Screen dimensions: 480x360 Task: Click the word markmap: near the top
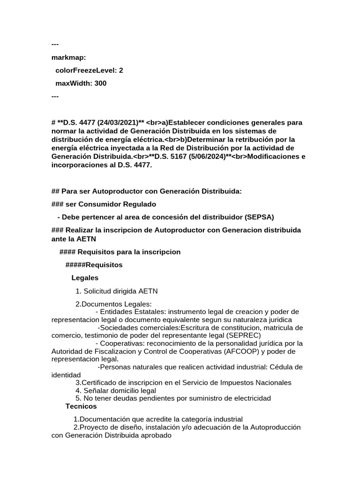pyautogui.click(x=68, y=57)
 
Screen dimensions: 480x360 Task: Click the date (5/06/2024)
pyautogui.click(x=203, y=157)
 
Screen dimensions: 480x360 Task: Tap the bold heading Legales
pyautogui.click(x=85, y=278)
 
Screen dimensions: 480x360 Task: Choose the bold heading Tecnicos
pyautogui.click(x=81, y=406)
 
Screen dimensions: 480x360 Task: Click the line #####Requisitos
pyautogui.click(x=94, y=265)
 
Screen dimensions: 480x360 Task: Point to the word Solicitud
pyautogui.click(x=99, y=291)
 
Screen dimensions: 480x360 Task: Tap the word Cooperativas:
pyautogui.click(x=123, y=344)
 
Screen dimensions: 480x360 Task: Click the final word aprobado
pyautogui.click(x=155, y=435)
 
